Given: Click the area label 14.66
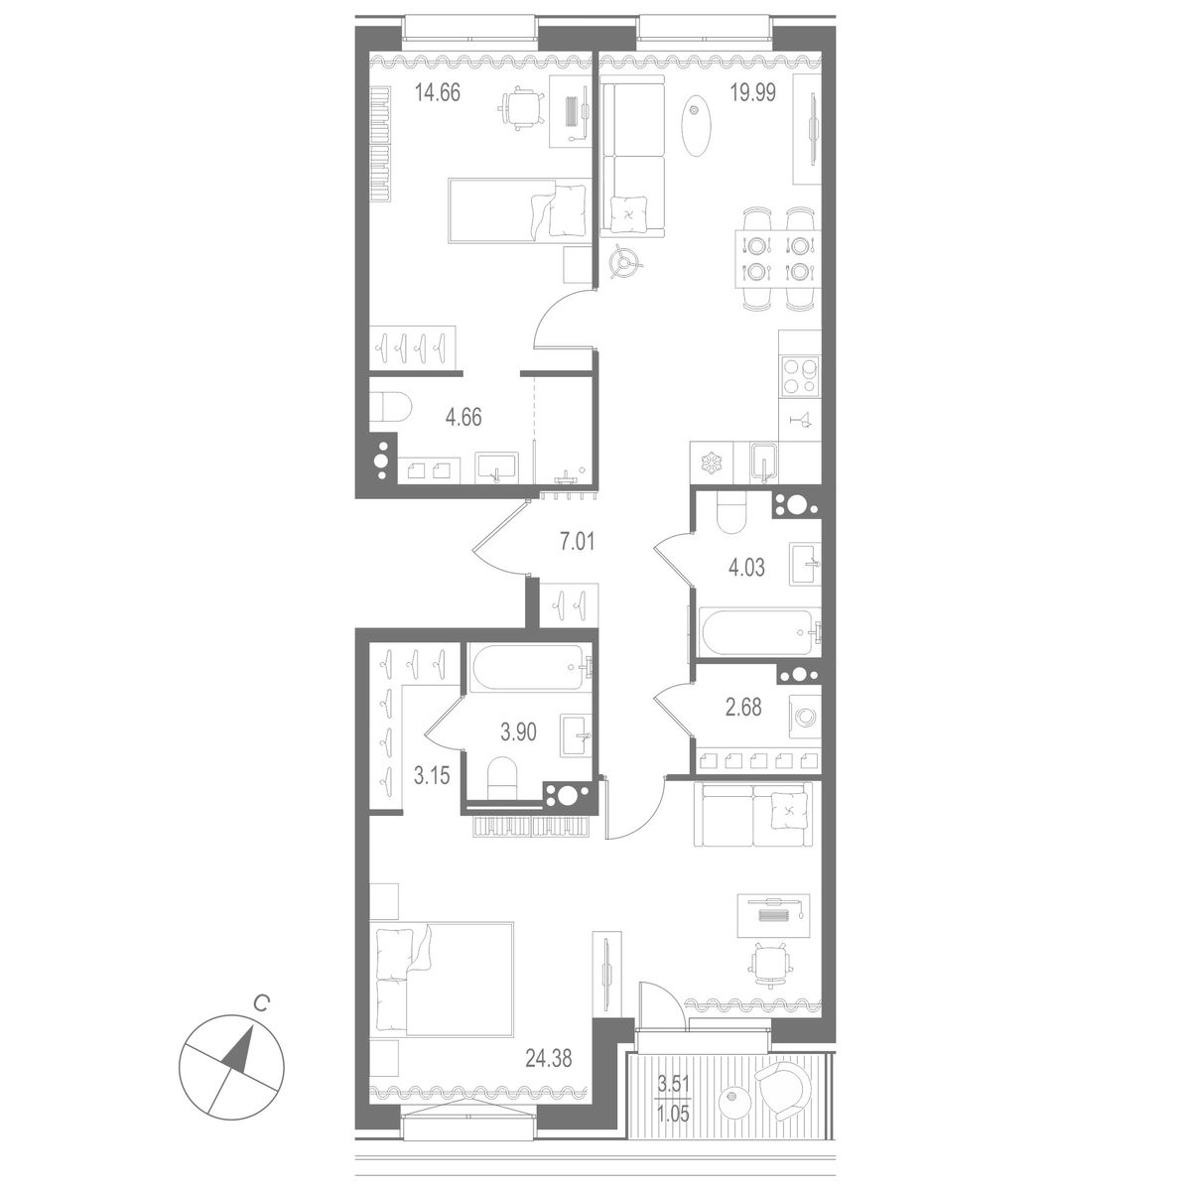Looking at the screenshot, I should click(x=438, y=96).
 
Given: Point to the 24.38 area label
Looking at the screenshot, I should click(x=549, y=1056).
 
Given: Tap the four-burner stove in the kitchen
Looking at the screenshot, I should click(x=799, y=376).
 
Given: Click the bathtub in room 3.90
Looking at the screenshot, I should click(x=529, y=671).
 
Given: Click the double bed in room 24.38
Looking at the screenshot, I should click(x=443, y=979).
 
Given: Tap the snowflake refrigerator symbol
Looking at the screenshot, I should click(x=711, y=463).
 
